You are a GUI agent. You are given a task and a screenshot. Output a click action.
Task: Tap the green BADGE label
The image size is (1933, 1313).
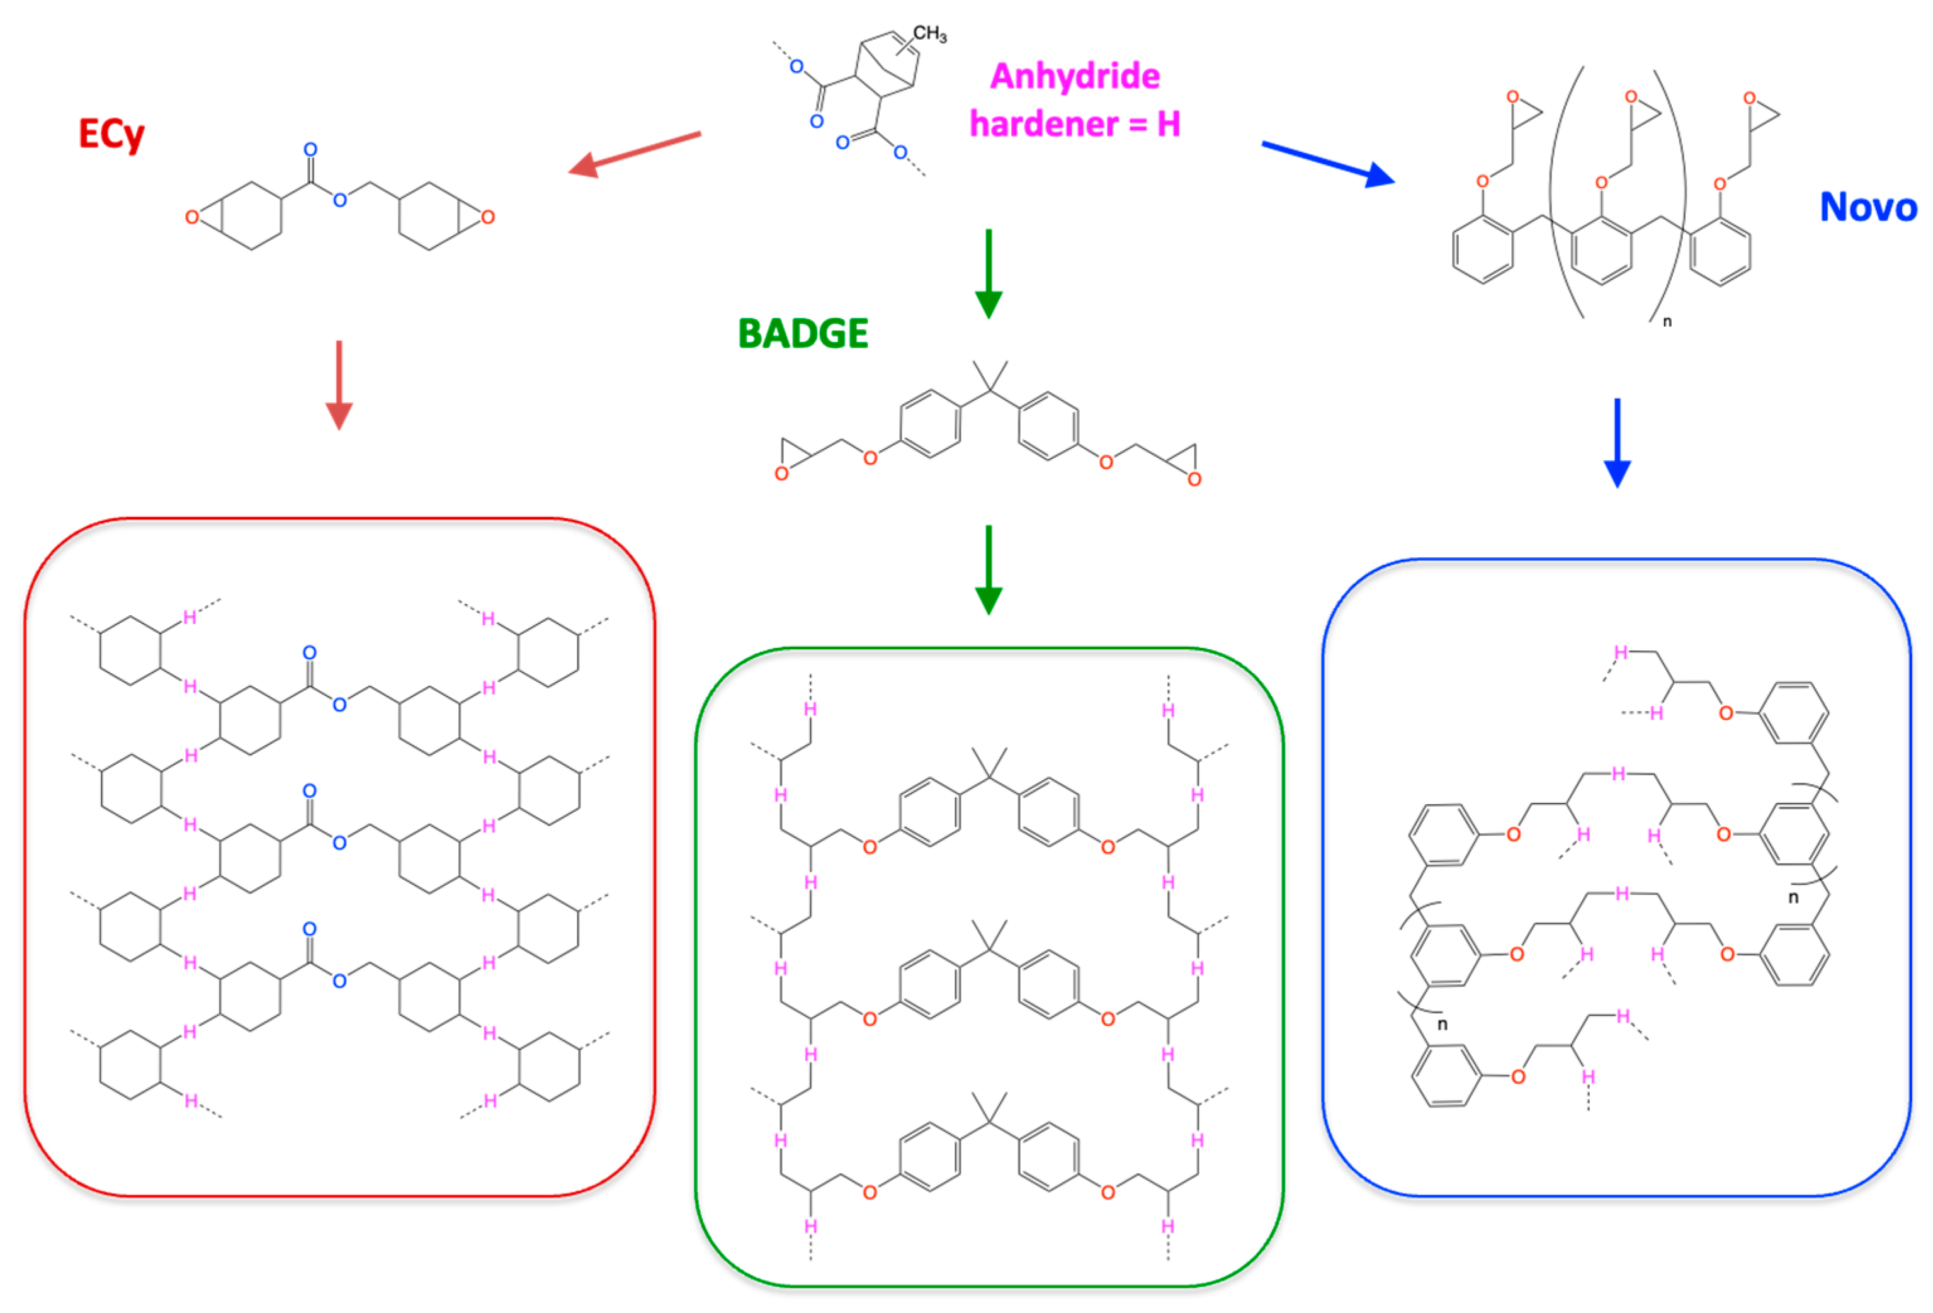[x=803, y=334]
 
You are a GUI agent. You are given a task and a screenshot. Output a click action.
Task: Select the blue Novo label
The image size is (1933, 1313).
[x=1868, y=207]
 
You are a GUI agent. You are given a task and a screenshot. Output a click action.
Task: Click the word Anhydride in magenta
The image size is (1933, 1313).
[x=1075, y=77]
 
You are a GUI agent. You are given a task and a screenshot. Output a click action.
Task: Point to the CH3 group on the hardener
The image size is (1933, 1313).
[x=929, y=34]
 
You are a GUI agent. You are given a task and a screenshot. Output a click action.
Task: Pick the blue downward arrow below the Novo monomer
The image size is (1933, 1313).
[x=1617, y=443]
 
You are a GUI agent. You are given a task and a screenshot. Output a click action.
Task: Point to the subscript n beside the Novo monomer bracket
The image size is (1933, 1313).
[x=1667, y=322]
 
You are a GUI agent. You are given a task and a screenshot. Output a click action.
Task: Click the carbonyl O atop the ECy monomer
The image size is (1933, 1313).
[x=310, y=150]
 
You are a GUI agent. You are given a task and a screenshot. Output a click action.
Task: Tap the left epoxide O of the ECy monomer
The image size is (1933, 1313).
[x=192, y=217]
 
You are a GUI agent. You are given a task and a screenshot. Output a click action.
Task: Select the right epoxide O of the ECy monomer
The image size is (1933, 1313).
[x=488, y=217]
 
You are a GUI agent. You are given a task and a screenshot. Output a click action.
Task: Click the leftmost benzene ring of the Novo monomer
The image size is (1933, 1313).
[x=1482, y=249]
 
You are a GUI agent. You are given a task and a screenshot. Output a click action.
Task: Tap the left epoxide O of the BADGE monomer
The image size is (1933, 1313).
[x=781, y=474]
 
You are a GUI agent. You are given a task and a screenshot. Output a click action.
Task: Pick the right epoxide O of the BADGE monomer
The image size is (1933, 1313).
[x=1194, y=479]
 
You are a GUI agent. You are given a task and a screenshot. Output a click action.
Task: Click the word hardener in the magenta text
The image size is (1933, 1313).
[x=1044, y=125]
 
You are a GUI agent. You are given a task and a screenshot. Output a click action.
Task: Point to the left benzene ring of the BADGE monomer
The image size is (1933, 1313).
[x=930, y=424]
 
